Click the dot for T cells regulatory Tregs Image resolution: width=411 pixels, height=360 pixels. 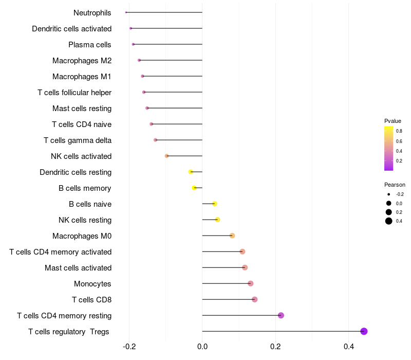point(364,331)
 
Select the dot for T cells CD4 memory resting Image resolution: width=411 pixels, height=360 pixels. point(281,315)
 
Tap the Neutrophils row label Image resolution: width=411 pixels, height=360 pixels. point(92,12)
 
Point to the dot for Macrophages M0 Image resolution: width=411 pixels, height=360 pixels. point(232,236)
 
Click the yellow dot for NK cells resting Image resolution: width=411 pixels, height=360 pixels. point(217,220)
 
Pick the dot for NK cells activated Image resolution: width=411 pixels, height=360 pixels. point(166,156)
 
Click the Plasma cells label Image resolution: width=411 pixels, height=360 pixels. point(90,45)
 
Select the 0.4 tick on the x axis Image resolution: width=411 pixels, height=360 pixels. point(349,347)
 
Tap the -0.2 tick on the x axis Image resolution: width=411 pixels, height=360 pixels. point(129,347)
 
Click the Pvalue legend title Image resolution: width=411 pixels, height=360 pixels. point(393,121)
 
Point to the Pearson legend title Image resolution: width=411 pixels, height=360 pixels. point(395,185)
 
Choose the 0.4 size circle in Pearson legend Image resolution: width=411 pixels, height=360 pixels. point(389,221)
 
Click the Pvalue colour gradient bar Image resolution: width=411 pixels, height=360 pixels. point(389,148)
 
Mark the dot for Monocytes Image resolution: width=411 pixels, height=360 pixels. point(250,283)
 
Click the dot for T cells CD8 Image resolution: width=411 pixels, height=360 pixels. point(254,299)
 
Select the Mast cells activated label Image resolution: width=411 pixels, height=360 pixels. point(78,268)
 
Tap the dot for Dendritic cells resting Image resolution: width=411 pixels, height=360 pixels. point(191,172)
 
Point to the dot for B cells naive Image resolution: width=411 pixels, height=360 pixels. point(215,204)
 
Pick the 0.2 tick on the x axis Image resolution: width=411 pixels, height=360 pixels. point(275,347)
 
